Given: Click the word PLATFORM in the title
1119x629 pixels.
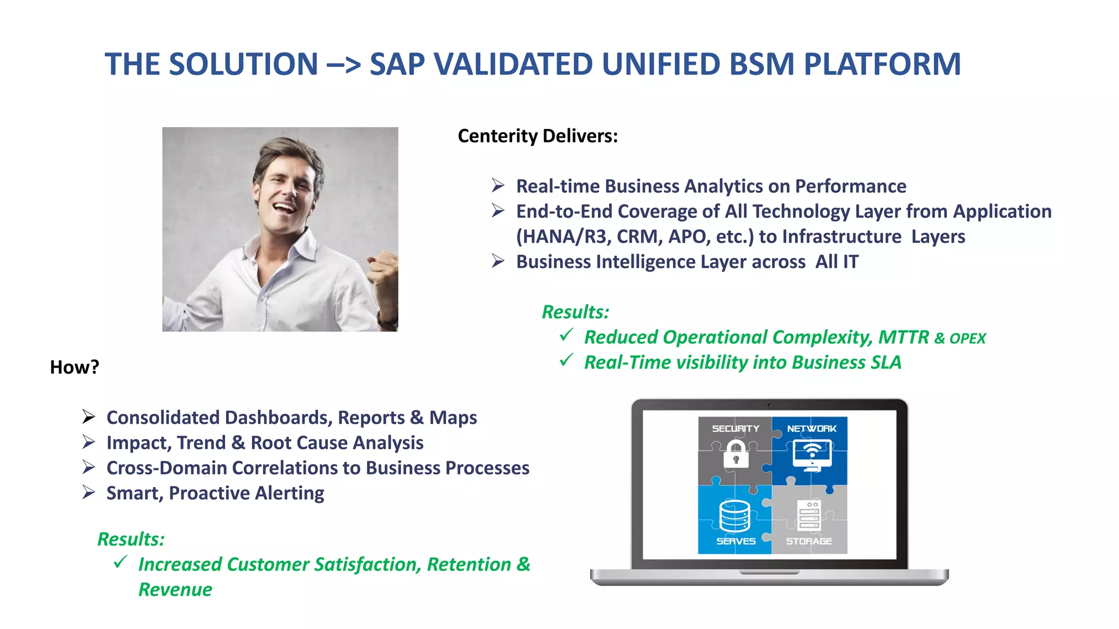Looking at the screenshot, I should [x=882, y=64].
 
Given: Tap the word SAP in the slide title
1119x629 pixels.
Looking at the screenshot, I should [x=397, y=64].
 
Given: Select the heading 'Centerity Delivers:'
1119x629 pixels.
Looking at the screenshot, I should [x=538, y=136].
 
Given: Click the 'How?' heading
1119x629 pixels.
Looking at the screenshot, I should [x=74, y=367].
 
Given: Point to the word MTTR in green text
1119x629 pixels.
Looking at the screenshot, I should [x=903, y=337].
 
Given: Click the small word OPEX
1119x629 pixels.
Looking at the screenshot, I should [x=968, y=339].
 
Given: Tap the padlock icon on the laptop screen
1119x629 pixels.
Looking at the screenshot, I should [x=736, y=454].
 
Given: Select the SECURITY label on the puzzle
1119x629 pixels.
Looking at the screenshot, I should [x=735, y=429].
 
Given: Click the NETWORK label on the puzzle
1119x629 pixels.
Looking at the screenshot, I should [x=811, y=429].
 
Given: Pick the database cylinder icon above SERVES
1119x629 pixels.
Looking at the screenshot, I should [x=735, y=515].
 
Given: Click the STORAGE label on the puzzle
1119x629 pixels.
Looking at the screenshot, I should [x=809, y=541].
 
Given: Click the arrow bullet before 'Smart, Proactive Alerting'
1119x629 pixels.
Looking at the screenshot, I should [x=89, y=492].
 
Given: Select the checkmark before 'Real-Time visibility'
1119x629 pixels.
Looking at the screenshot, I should [x=567, y=360].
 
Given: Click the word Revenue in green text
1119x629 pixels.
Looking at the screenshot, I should [x=175, y=590].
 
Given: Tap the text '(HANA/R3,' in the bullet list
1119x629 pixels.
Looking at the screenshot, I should [x=563, y=237].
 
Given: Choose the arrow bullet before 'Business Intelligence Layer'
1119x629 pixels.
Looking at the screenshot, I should [x=498, y=261].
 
